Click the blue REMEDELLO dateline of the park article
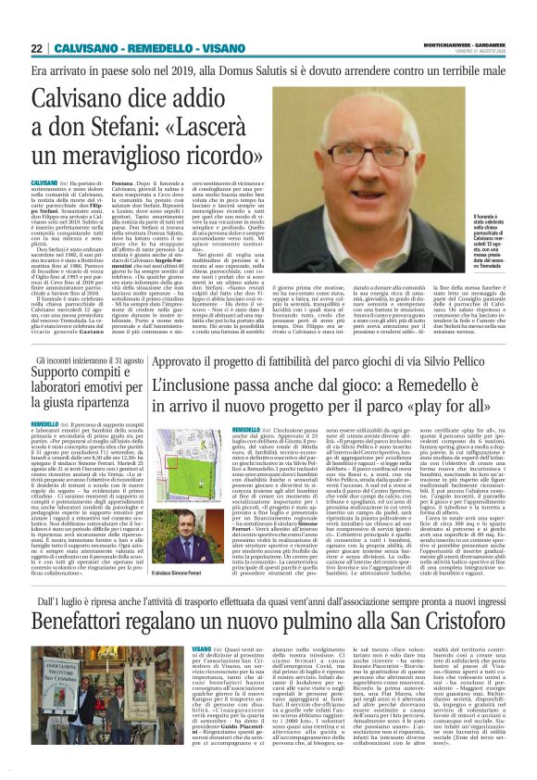[x=245, y=431]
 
